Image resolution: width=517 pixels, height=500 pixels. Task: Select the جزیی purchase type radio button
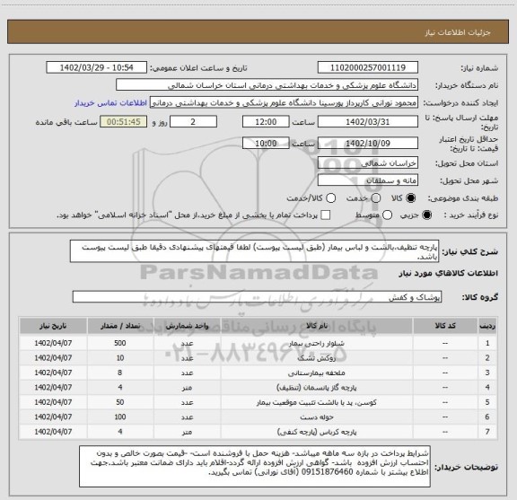point(425,215)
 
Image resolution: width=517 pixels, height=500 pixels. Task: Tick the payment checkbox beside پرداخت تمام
point(325,215)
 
